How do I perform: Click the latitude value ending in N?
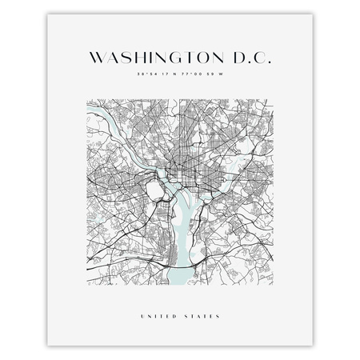tap(157, 77)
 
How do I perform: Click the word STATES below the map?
tap(202, 314)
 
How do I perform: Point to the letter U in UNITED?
tap(142, 314)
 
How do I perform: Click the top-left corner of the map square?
tap(83, 99)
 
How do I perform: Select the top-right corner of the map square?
tap(278, 99)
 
